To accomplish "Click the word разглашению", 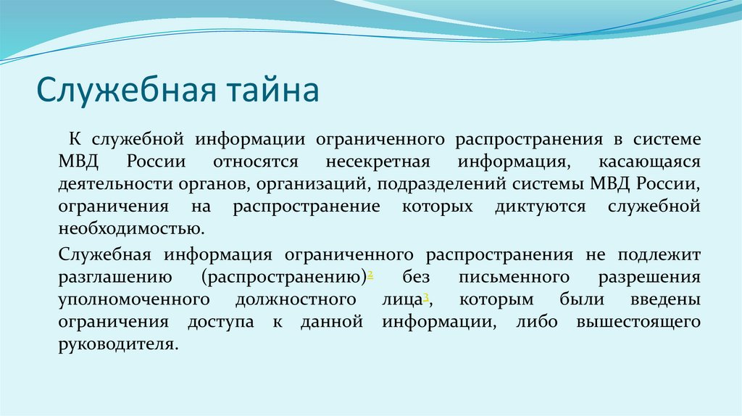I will [114, 277].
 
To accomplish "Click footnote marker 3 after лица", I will [427, 296].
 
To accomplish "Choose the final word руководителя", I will [117, 344].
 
